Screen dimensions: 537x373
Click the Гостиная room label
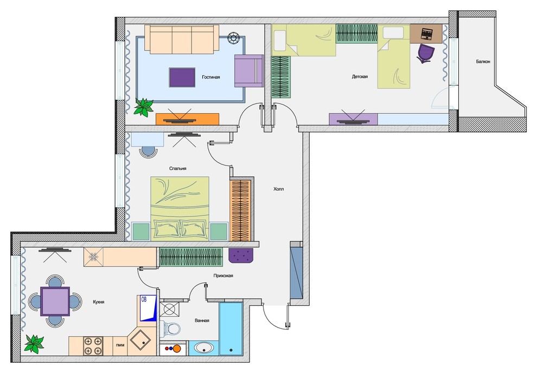coord(210,77)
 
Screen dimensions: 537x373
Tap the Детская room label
coord(360,76)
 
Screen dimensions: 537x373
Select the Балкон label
coord(483,62)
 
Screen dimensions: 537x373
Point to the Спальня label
coord(178,169)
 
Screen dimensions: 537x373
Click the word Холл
coord(278,189)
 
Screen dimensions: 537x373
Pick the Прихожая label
coord(223,275)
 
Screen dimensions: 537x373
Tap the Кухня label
coord(99,302)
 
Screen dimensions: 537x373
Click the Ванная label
coord(202,320)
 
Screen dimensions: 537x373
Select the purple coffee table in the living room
coord(182,78)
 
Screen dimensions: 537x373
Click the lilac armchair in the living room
coord(248,71)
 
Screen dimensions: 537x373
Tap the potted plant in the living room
coord(143,107)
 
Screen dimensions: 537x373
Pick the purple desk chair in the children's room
coord(425,53)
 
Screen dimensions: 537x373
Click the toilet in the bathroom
coord(170,328)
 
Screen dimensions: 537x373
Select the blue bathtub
coord(231,329)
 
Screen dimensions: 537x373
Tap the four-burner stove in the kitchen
coord(93,346)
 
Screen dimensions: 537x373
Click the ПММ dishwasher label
coord(120,345)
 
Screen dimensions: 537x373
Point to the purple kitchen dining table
coord(55,301)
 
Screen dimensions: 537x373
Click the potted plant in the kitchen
coord(34,344)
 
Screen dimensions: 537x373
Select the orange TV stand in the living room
coord(187,119)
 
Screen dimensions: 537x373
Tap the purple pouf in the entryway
coord(241,255)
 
